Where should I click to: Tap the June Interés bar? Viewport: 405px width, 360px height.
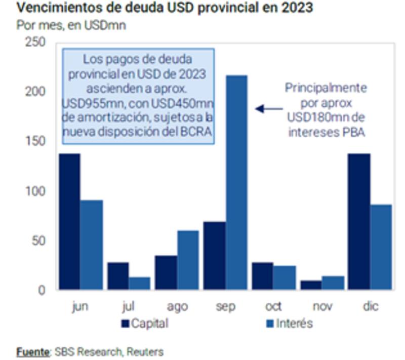click(91, 245)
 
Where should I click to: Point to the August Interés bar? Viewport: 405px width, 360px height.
click(188, 260)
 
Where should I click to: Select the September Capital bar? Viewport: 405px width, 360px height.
click(215, 255)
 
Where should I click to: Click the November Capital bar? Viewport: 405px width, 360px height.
click(311, 285)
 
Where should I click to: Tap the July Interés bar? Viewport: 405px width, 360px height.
click(140, 283)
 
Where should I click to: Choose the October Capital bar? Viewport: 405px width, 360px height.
click(263, 276)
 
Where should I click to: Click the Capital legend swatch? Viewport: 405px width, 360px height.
click(126, 323)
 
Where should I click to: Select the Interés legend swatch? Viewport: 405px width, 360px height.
click(270, 323)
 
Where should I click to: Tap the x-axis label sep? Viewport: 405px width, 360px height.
click(226, 307)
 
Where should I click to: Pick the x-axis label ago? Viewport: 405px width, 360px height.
click(177, 307)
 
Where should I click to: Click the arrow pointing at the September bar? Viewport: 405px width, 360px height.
click(268, 108)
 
